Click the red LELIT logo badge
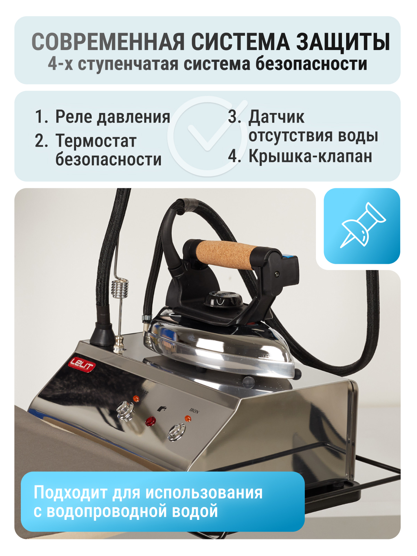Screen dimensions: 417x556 (82, 365)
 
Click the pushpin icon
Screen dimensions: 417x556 (362, 225)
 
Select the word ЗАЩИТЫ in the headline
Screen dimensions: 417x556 (343, 42)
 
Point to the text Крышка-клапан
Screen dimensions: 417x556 (310, 156)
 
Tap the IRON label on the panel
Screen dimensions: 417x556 (194, 411)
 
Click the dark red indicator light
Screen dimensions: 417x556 (150, 421)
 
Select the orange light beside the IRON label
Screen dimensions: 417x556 (188, 418)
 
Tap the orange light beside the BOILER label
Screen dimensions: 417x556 (136, 399)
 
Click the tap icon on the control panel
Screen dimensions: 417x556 (162, 408)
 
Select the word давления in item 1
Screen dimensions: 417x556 (134, 117)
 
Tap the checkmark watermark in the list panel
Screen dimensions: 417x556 (207, 136)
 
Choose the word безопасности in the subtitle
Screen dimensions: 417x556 (311, 64)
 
